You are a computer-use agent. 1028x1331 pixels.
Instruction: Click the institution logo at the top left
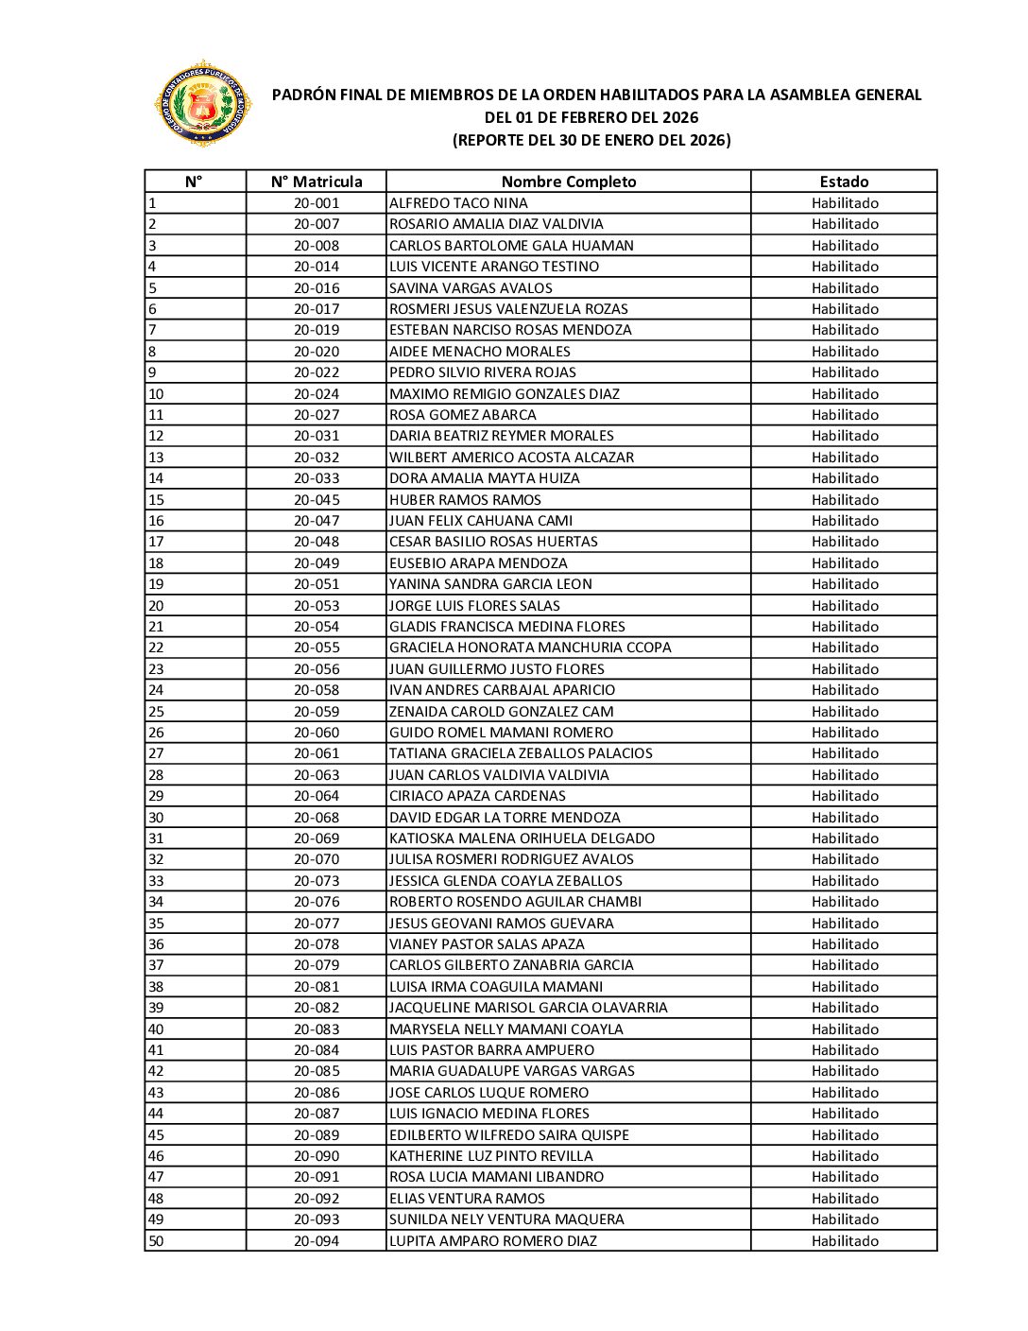click(x=202, y=104)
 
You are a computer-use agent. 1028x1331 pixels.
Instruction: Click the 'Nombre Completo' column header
click(x=568, y=181)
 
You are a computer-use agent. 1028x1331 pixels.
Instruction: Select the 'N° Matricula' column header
click(x=316, y=181)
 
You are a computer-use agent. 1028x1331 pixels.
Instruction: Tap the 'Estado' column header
click(x=844, y=181)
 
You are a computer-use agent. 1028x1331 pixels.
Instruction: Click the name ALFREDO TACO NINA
click(x=458, y=203)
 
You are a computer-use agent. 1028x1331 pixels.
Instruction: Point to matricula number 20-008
click(x=316, y=246)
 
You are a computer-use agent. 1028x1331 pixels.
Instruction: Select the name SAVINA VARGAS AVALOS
click(x=471, y=288)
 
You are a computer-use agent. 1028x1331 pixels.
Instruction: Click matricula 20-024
click(x=316, y=394)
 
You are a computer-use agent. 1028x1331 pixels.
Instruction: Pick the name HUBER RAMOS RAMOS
click(x=465, y=500)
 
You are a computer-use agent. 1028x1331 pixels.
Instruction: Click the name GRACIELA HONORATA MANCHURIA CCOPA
click(x=530, y=648)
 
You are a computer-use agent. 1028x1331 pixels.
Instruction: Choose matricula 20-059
click(x=316, y=712)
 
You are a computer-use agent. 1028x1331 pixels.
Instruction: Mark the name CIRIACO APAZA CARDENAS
click(x=477, y=796)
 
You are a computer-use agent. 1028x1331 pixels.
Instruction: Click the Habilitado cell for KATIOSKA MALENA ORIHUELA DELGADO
click(x=844, y=838)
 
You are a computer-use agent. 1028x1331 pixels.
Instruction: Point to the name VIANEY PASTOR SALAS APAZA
click(x=487, y=944)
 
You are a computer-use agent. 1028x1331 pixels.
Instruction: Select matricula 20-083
click(x=316, y=1029)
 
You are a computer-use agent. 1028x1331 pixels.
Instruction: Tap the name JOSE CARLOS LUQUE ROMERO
click(x=488, y=1093)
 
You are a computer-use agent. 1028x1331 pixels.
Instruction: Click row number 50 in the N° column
click(x=156, y=1241)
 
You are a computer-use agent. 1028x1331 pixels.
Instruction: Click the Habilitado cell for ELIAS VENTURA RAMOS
click(x=844, y=1199)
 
